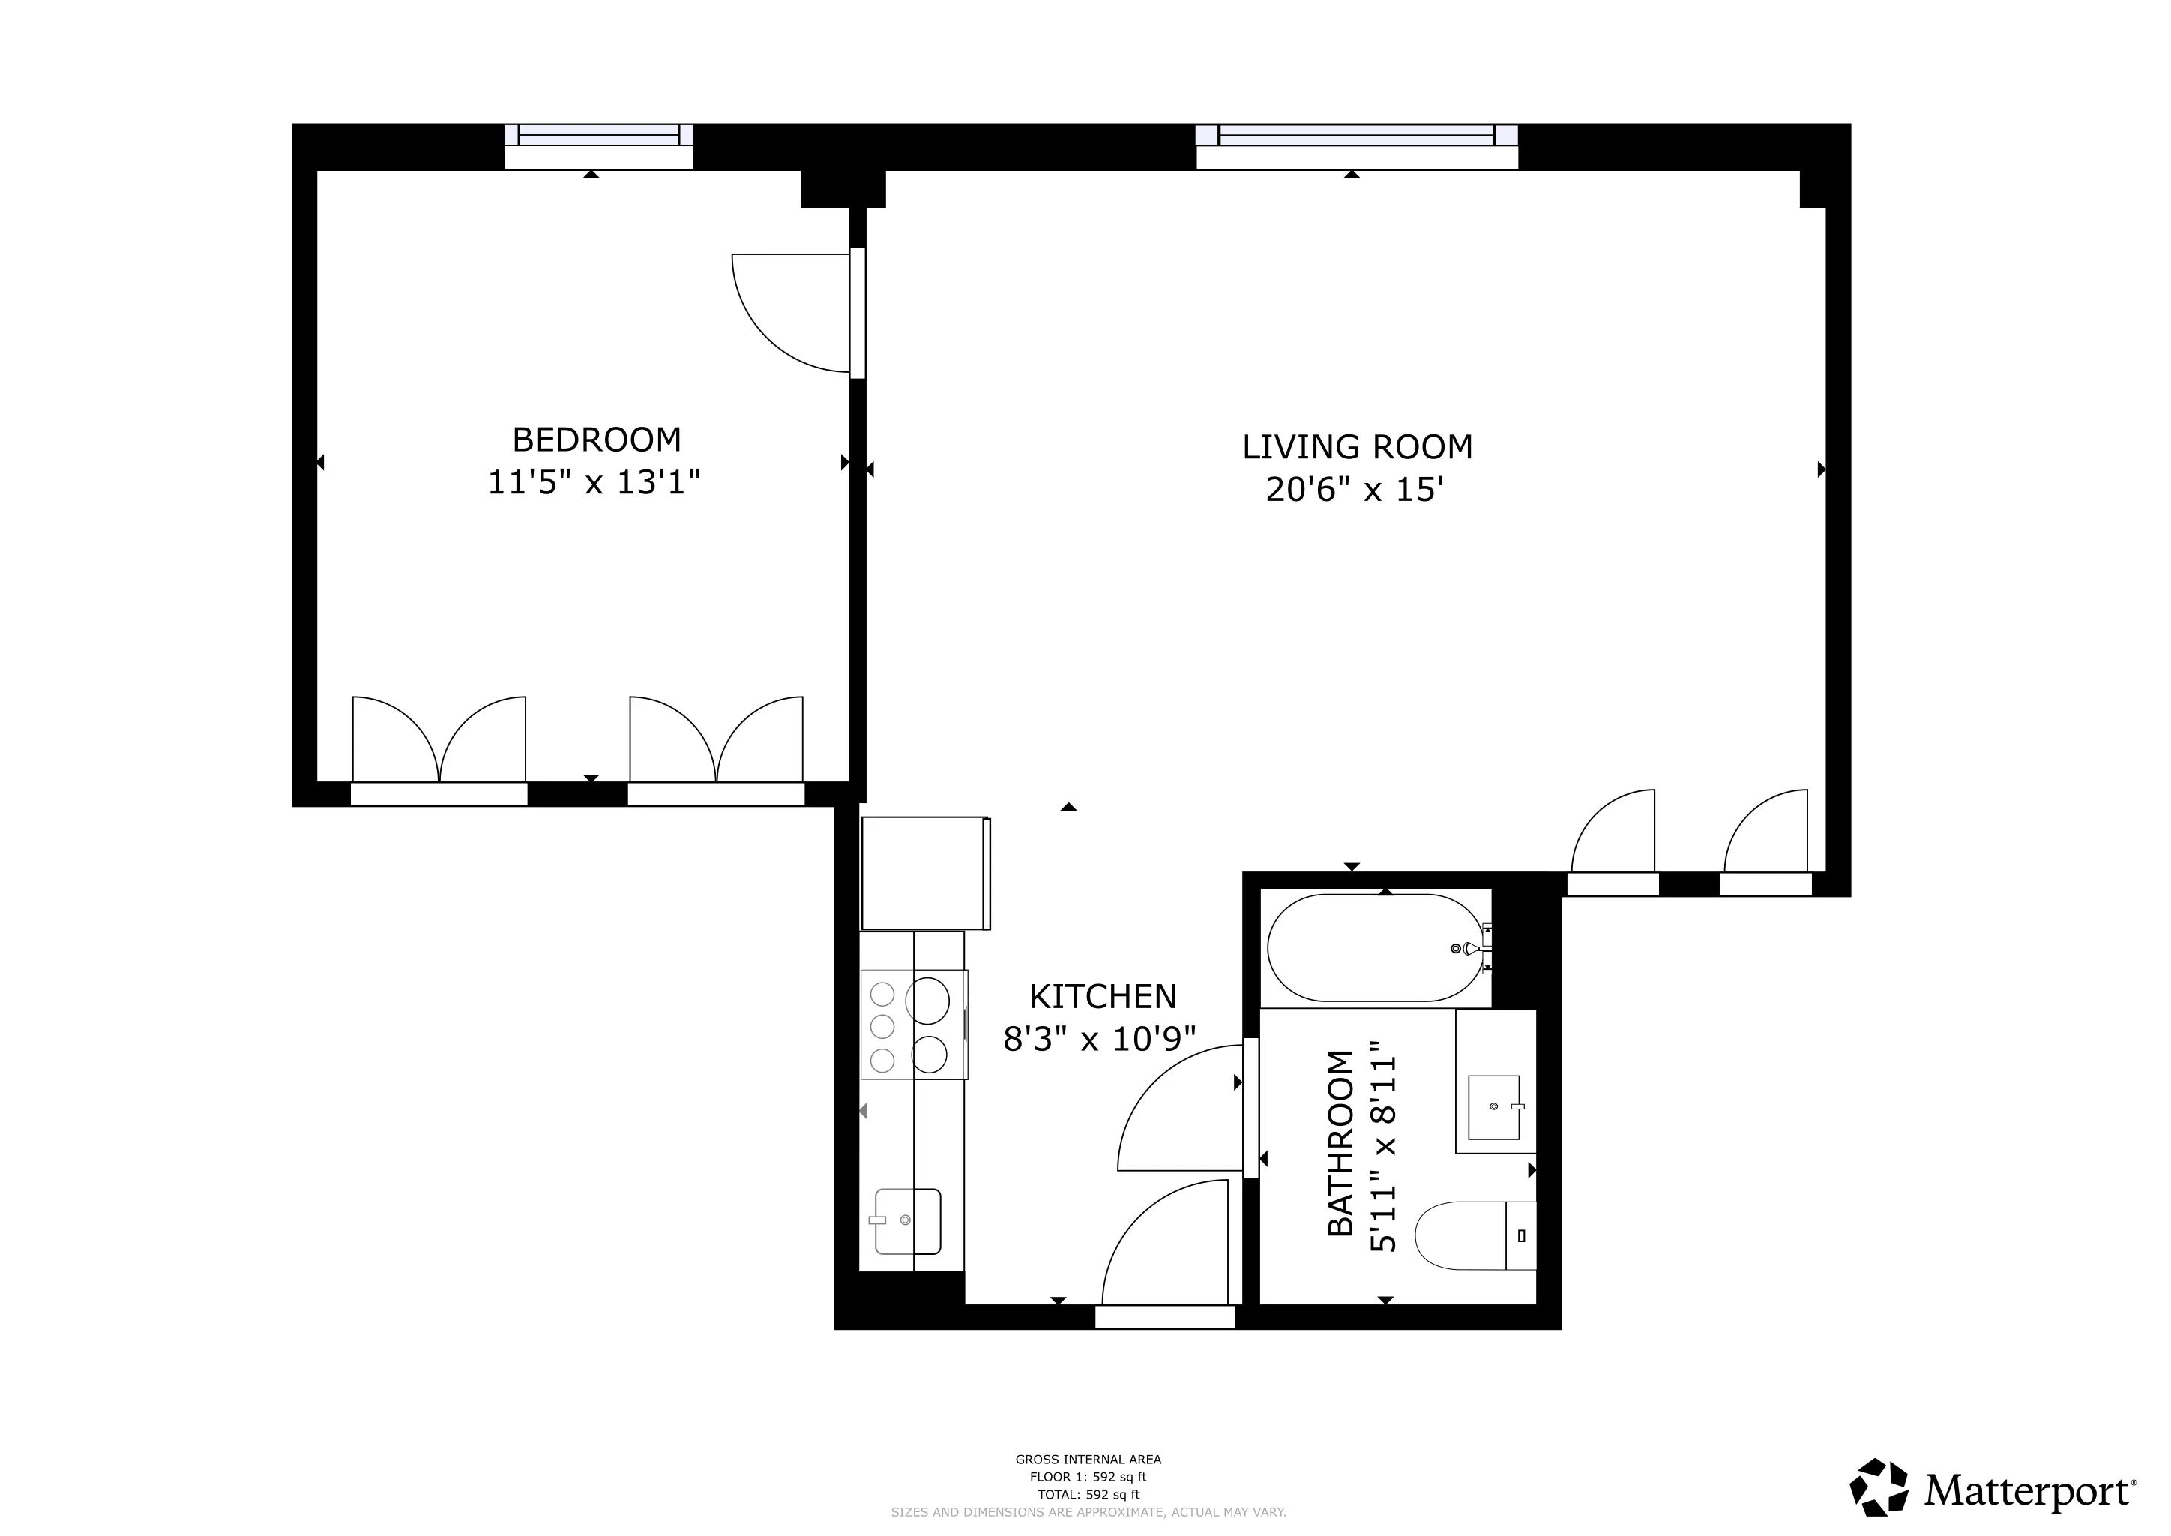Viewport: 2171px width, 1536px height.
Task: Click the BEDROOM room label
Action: click(x=596, y=439)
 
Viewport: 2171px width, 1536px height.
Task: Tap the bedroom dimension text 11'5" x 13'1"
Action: click(x=594, y=483)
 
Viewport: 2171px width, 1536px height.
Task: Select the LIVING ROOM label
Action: click(x=1357, y=447)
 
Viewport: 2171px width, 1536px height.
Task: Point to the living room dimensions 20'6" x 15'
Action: click(x=1354, y=490)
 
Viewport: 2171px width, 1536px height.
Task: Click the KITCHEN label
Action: click(x=1103, y=997)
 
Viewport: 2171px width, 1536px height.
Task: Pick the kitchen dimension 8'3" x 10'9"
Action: click(x=1099, y=1039)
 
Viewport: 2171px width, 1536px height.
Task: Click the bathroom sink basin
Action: click(x=1493, y=1106)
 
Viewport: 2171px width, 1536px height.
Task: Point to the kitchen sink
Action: click(x=907, y=1221)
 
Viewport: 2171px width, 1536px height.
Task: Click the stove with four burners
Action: click(x=913, y=1024)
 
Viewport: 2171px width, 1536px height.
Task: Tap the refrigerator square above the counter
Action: click(x=924, y=873)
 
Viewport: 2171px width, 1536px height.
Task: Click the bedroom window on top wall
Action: click(x=598, y=145)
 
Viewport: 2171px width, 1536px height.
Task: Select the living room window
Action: click(x=1357, y=145)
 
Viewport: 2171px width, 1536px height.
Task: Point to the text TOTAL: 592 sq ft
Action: click(x=1088, y=1495)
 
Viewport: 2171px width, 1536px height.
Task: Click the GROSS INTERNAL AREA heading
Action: click(x=1088, y=1459)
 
